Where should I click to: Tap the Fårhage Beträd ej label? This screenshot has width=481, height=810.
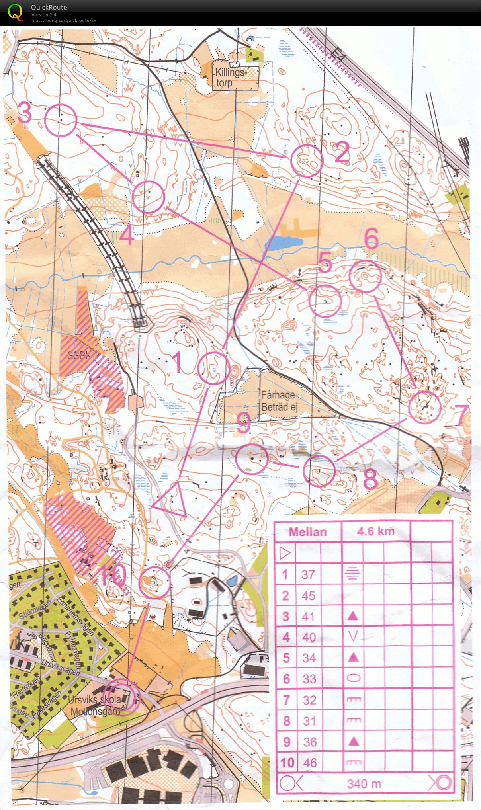tap(279, 401)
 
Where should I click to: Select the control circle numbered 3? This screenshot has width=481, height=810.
tap(61, 120)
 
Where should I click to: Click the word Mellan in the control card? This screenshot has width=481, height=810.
tap(307, 532)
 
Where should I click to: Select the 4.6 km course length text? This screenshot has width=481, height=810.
tap(375, 531)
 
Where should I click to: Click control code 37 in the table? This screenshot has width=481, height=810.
tap(308, 574)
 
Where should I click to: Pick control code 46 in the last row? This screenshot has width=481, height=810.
tap(309, 763)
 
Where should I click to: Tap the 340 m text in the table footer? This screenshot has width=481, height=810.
tap(364, 784)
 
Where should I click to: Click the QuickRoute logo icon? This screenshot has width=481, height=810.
tap(15, 12)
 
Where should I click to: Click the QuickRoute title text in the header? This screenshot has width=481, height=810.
tap(49, 7)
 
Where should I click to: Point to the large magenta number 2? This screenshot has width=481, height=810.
tap(342, 152)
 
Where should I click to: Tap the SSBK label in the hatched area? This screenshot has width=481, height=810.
tap(77, 355)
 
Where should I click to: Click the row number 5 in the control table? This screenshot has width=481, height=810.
tap(286, 658)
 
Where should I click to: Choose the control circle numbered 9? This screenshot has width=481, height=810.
tap(251, 459)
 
